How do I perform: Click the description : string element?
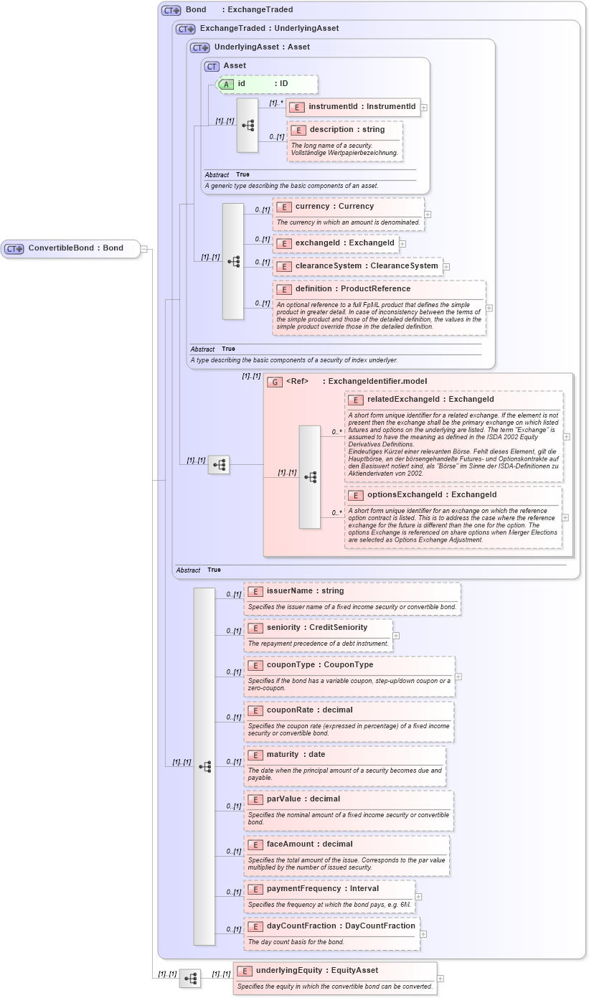[x=346, y=130]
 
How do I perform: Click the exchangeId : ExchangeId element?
[x=336, y=243]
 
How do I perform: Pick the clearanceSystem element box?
[x=357, y=266]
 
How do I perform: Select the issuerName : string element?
[x=304, y=591]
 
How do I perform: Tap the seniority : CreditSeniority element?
[x=316, y=628]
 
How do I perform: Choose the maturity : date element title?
[x=296, y=755]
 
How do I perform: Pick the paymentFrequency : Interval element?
[x=322, y=889]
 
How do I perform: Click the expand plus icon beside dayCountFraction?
[x=423, y=934]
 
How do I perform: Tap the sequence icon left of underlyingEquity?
[x=190, y=978]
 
